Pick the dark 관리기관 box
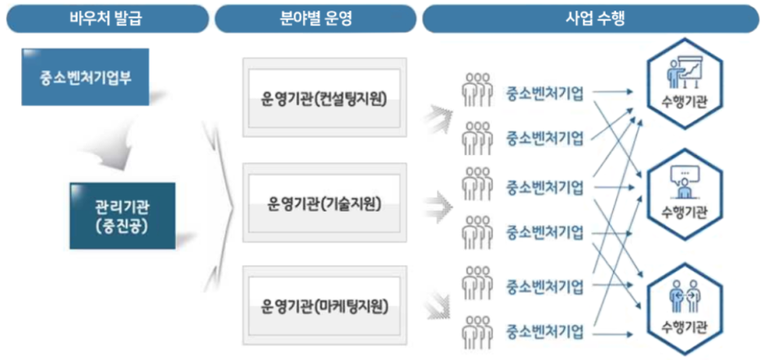(x=122, y=216)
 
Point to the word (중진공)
(x=122, y=224)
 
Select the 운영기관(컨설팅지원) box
(x=324, y=100)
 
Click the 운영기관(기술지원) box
(x=324, y=202)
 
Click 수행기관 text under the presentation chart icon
(x=686, y=102)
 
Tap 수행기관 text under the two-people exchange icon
(x=686, y=327)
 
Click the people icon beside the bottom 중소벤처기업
(x=478, y=331)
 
